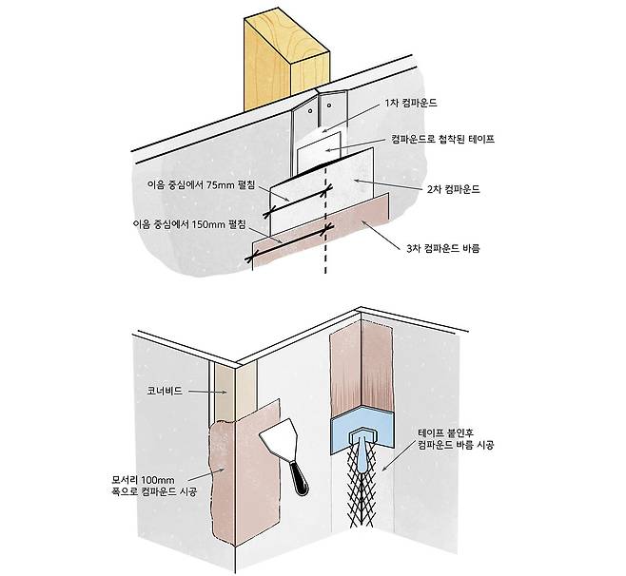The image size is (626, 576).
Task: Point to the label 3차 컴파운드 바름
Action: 443,248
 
